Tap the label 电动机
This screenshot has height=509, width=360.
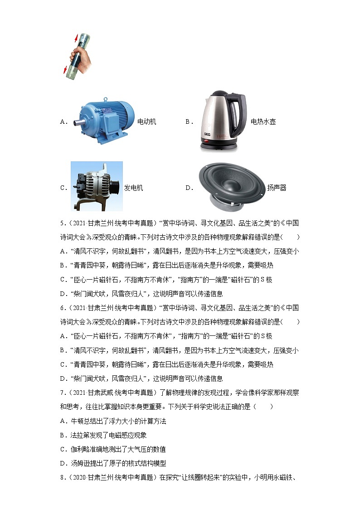point(147,122)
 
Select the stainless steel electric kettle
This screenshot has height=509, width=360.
point(222,121)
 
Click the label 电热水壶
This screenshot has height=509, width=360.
point(263,122)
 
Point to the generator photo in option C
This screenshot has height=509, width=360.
point(97,186)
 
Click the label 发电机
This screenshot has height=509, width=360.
point(133,188)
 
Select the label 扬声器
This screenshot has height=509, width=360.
point(277,188)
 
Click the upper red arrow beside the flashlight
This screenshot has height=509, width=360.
point(77,39)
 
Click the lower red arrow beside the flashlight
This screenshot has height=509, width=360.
point(65,69)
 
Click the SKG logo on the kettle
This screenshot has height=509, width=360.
point(207,134)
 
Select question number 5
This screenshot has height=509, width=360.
point(63,223)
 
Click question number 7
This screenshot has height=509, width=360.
point(63,393)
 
